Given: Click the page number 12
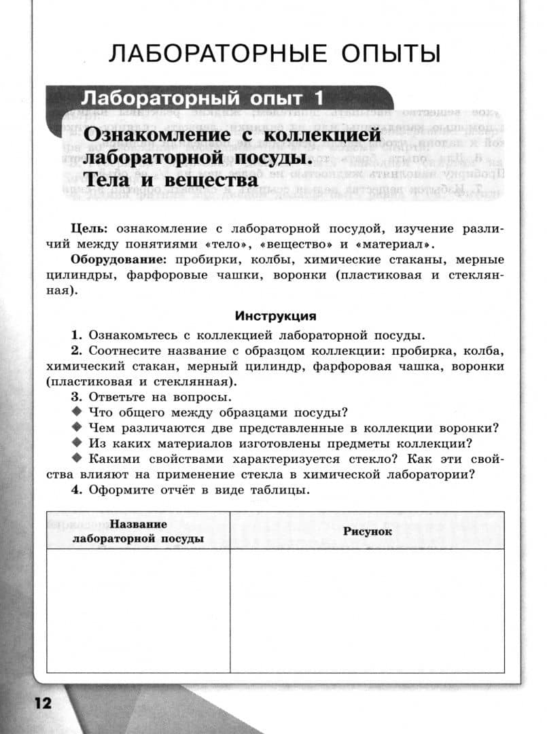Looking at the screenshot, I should [39, 703].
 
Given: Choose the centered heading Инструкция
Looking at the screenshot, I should [275, 316].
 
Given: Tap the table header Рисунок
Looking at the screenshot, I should [367, 531].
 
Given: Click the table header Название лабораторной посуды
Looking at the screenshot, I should [139, 531].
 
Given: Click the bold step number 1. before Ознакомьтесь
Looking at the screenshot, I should [76, 335].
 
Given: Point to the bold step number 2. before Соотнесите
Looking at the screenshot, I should [76, 351].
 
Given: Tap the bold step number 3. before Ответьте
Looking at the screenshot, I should [76, 398].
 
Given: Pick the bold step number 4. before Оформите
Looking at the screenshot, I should [76, 491].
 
